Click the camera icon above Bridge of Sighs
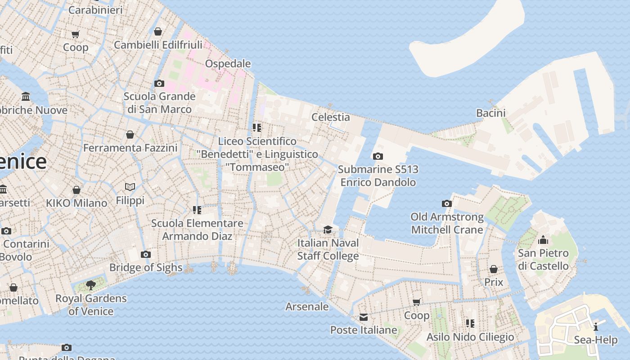click(x=145, y=255)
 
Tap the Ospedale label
click(x=228, y=63)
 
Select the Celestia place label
click(x=330, y=117)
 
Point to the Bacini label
click(x=490, y=113)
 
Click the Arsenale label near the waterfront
click(x=307, y=306)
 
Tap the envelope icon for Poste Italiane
click(x=364, y=318)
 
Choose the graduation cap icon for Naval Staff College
click(x=328, y=230)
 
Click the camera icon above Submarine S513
click(x=378, y=157)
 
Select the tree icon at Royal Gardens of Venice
click(x=91, y=285)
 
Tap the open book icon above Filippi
click(x=130, y=187)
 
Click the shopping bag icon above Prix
click(x=494, y=269)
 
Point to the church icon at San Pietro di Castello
click(x=543, y=240)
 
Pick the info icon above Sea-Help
click(x=596, y=327)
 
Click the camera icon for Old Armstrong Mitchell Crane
click(x=447, y=204)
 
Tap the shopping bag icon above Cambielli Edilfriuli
click(x=158, y=31)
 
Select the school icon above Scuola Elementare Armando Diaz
click(x=197, y=210)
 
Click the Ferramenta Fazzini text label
click(x=130, y=148)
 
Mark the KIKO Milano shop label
click(x=76, y=203)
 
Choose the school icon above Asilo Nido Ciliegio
click(x=470, y=323)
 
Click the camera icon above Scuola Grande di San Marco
click(x=159, y=83)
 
